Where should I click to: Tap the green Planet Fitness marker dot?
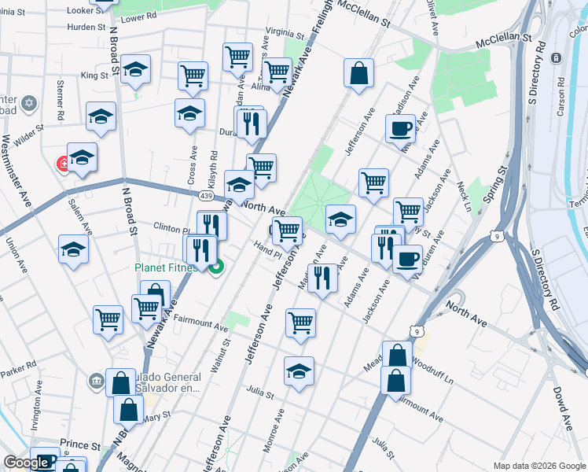click(214, 267)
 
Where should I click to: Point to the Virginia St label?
click(284, 34)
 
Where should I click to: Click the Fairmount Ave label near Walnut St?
click(199, 322)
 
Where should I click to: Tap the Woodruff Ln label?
click(433, 364)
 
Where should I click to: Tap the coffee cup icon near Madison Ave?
click(400, 127)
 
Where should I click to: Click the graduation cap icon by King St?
click(136, 69)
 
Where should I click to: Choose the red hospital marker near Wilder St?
click(64, 164)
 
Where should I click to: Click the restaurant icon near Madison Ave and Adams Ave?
click(322, 278)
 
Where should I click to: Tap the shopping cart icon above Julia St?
click(300, 322)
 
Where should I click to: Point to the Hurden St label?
click(86, 27)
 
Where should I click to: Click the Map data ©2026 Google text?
click(538, 466)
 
